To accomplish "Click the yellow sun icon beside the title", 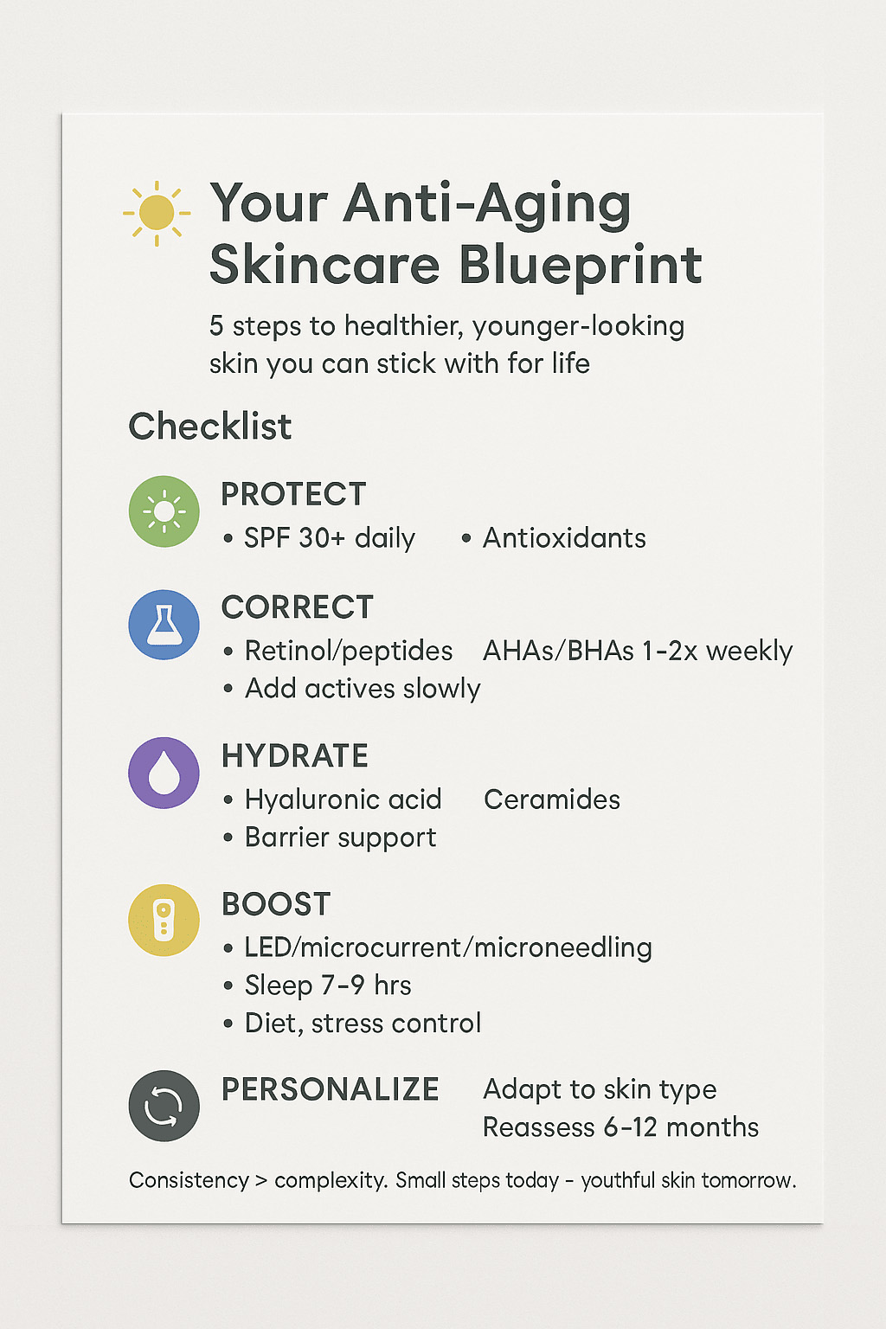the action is click(157, 213).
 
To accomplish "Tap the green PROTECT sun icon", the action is click(164, 510).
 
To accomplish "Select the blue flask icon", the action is click(164, 625).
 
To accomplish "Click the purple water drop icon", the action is click(164, 773).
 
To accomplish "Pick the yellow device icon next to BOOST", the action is click(164, 921).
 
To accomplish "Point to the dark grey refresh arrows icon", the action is click(164, 1106).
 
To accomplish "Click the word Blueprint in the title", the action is click(581, 266).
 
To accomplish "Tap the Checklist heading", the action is click(210, 426).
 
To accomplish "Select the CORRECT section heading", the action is click(298, 607).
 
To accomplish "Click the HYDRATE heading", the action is click(295, 755).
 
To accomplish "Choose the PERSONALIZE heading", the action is click(330, 1089).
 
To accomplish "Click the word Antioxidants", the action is click(564, 538).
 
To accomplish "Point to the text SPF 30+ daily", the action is click(330, 539).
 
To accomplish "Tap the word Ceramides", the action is click(552, 799).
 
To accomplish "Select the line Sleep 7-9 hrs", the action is click(328, 986).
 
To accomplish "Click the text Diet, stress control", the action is click(363, 1024).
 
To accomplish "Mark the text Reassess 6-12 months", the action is click(620, 1127).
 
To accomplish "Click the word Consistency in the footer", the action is click(189, 1181).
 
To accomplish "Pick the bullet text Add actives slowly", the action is click(363, 689).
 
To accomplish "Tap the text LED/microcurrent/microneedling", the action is click(449, 947).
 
